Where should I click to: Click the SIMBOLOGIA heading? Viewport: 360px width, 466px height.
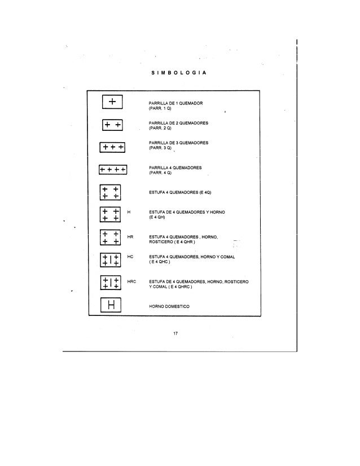pyautogui.click(x=179, y=74)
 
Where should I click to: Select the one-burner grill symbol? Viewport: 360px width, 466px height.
pyautogui.click(x=113, y=102)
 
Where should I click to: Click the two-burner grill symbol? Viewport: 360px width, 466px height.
pyautogui.click(x=113, y=125)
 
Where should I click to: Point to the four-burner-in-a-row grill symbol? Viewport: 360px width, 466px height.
pyautogui.click(x=113, y=169)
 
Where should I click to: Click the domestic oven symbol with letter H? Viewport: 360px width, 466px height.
pyautogui.click(x=113, y=306)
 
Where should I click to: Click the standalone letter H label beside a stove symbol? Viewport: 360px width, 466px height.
pyautogui.click(x=129, y=212)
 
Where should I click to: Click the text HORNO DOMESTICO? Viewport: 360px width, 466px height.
pyautogui.click(x=169, y=306)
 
